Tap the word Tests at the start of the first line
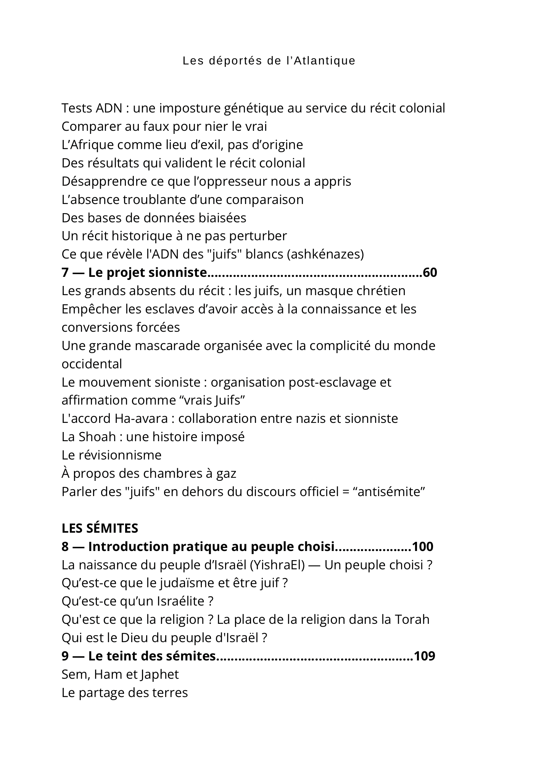click(77, 108)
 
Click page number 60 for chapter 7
click(430, 273)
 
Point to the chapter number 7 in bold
click(65, 273)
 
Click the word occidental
click(92, 364)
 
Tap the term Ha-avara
click(141, 419)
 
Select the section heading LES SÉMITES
click(100, 528)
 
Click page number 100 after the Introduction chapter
click(423, 547)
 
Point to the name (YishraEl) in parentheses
click(277, 565)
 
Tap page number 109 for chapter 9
click(424, 656)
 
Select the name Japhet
click(159, 675)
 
